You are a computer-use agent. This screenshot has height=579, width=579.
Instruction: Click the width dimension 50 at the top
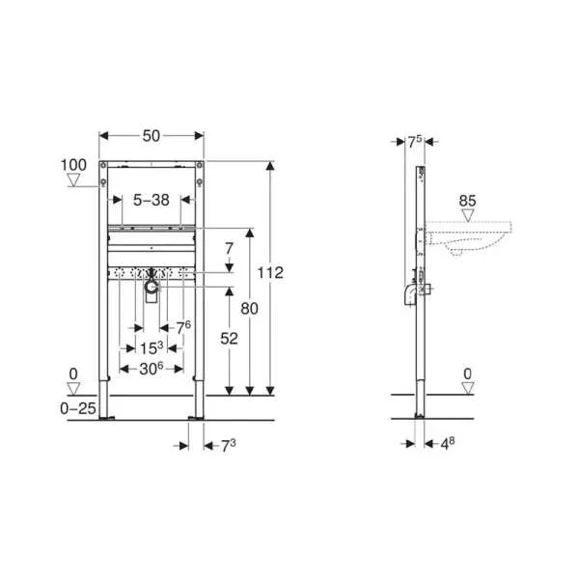[152, 136]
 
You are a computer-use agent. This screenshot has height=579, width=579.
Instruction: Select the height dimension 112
[270, 273]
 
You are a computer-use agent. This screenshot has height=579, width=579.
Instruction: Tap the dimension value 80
[249, 309]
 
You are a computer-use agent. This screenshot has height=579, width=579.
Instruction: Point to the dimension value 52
[229, 339]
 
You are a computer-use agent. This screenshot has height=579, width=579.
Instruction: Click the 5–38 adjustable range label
[152, 200]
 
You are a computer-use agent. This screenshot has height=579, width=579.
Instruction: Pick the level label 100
[73, 165]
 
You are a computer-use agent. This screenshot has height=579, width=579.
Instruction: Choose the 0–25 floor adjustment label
[78, 408]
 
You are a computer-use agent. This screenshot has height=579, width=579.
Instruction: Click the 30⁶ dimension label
[152, 369]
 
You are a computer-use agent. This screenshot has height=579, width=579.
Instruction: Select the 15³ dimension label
[152, 347]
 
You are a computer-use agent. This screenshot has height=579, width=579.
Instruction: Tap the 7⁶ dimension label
[183, 327]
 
